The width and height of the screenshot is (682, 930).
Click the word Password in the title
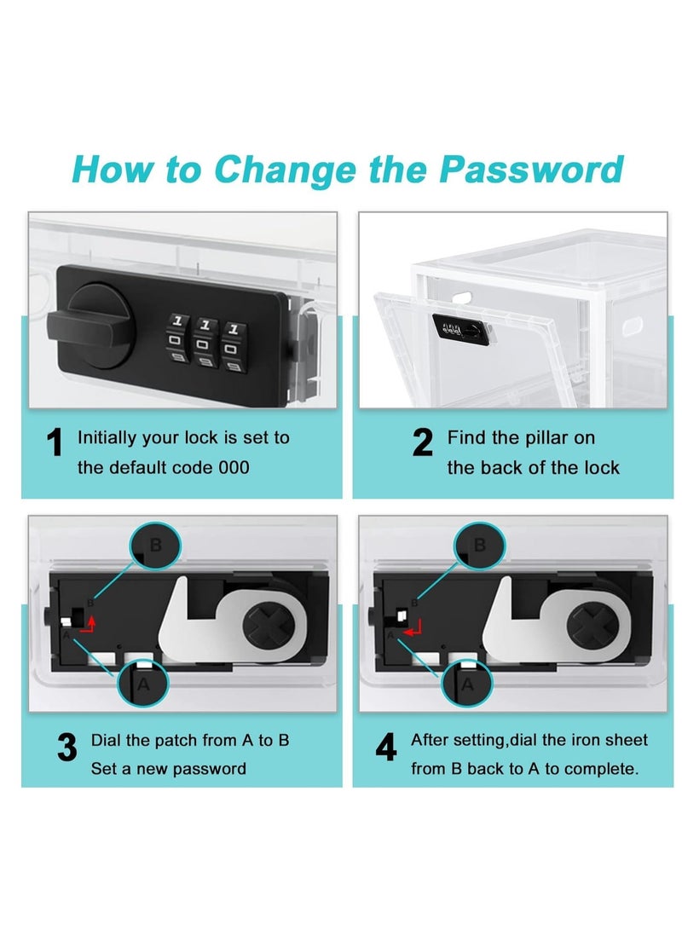pyautogui.click(x=531, y=169)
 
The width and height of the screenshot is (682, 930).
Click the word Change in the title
pyautogui.click(x=284, y=170)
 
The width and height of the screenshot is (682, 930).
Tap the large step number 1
pyautogui.click(x=55, y=442)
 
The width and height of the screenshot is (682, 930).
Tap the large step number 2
pyautogui.click(x=422, y=442)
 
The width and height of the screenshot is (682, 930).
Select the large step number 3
pyautogui.click(x=66, y=747)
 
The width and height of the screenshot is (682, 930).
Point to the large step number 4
pyautogui.click(x=386, y=747)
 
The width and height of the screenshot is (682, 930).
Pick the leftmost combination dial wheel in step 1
pyautogui.click(x=176, y=339)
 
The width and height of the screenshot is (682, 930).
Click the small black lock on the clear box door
pyautogui.click(x=461, y=330)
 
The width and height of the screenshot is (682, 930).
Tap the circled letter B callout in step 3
pyautogui.click(x=155, y=545)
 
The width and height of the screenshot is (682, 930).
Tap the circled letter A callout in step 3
pyautogui.click(x=143, y=683)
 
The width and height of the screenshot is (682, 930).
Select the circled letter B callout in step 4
pyautogui.click(x=479, y=545)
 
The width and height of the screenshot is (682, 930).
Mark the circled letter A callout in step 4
pyautogui.click(x=467, y=683)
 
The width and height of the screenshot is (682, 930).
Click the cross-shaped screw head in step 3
pyautogui.click(x=269, y=625)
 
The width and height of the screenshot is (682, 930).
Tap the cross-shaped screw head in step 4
pyautogui.click(x=592, y=625)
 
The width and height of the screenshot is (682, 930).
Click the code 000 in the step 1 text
pyautogui.click(x=234, y=467)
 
